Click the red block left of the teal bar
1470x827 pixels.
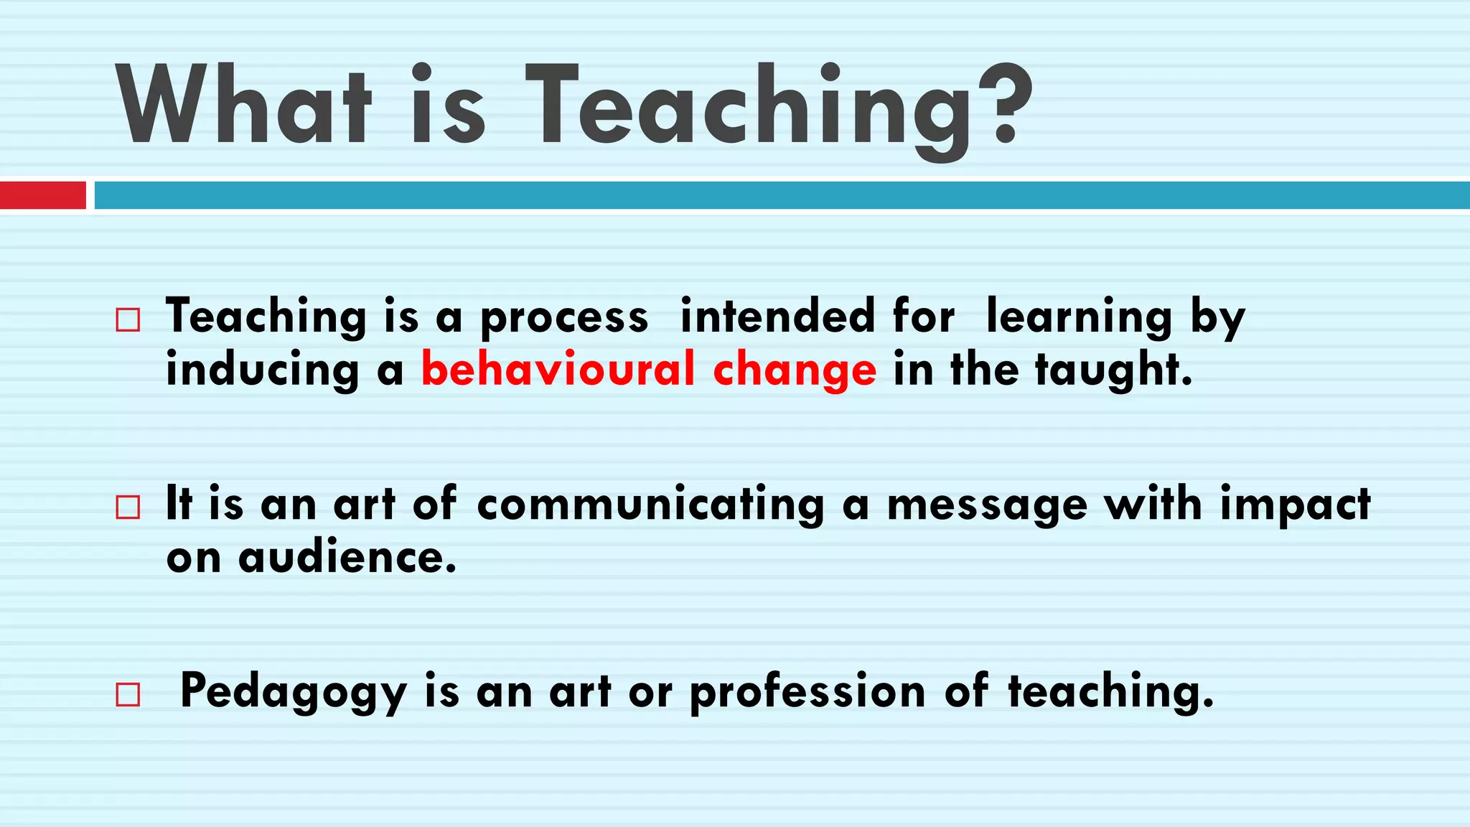coord(42,195)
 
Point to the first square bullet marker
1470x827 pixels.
coord(128,319)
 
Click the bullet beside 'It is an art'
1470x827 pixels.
coord(128,508)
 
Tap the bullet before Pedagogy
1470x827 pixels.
coord(128,695)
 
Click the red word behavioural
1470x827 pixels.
coord(558,369)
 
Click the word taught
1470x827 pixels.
coord(1113,370)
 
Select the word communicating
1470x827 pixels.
coord(650,505)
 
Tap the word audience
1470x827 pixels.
coord(347,557)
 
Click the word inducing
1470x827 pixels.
coord(263,370)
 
